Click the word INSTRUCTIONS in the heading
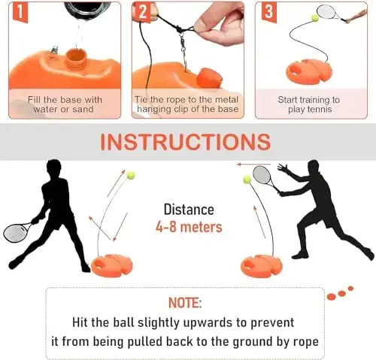coord(185,141)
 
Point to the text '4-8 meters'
coord(189,226)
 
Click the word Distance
coord(189,210)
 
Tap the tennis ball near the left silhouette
coord(130,175)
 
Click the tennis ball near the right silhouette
coord(247,180)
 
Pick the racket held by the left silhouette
coord(17,231)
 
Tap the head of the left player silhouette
coord(53,168)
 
